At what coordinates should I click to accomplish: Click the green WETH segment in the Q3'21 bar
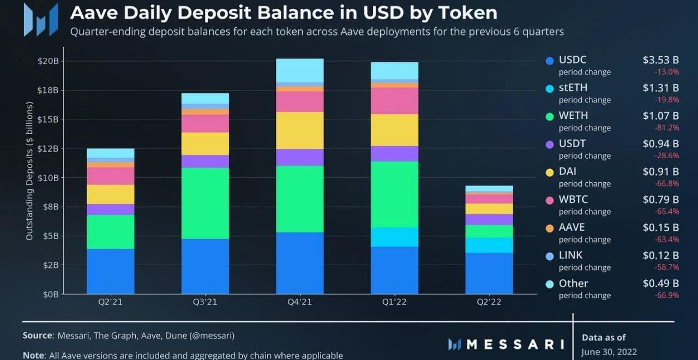[205, 203]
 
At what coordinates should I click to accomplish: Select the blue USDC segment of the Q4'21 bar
[299, 263]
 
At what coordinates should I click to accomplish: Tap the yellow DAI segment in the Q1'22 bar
[394, 130]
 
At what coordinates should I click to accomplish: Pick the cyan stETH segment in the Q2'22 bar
[489, 245]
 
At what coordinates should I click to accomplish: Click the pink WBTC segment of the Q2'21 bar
[110, 176]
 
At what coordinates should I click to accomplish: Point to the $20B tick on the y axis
[48, 61]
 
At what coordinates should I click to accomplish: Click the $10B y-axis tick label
[48, 177]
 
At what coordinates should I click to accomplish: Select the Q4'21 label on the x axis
[299, 302]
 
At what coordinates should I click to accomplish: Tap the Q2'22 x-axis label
[489, 302]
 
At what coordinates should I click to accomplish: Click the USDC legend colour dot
[550, 61]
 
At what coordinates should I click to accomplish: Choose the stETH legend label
[573, 87]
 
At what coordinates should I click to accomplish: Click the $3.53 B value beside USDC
[660, 60]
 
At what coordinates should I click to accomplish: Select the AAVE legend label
[571, 227]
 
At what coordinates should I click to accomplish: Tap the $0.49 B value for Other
[660, 283]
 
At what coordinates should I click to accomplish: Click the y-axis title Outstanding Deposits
[29, 170]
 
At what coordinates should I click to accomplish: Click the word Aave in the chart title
[93, 12]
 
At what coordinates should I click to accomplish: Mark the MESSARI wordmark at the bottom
[515, 344]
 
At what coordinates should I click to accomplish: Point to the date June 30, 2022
[609, 352]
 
